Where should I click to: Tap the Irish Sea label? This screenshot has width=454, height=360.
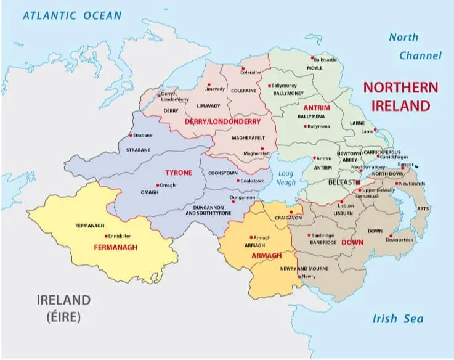(x=398, y=319)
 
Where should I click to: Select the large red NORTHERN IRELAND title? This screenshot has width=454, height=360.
(x=400, y=96)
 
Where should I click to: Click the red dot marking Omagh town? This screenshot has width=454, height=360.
(x=158, y=186)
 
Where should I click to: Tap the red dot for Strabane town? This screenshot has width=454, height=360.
(x=129, y=136)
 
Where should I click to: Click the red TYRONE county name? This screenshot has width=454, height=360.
(x=179, y=173)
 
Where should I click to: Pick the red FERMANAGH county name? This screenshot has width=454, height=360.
(x=115, y=247)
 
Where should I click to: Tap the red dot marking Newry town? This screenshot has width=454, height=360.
(x=299, y=277)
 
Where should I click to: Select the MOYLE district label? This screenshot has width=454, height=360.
(x=314, y=68)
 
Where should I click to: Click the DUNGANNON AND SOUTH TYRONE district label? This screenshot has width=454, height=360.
(x=208, y=210)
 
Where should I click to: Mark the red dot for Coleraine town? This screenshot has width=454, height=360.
(x=243, y=68)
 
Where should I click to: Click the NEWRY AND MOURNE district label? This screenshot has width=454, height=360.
(x=306, y=269)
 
